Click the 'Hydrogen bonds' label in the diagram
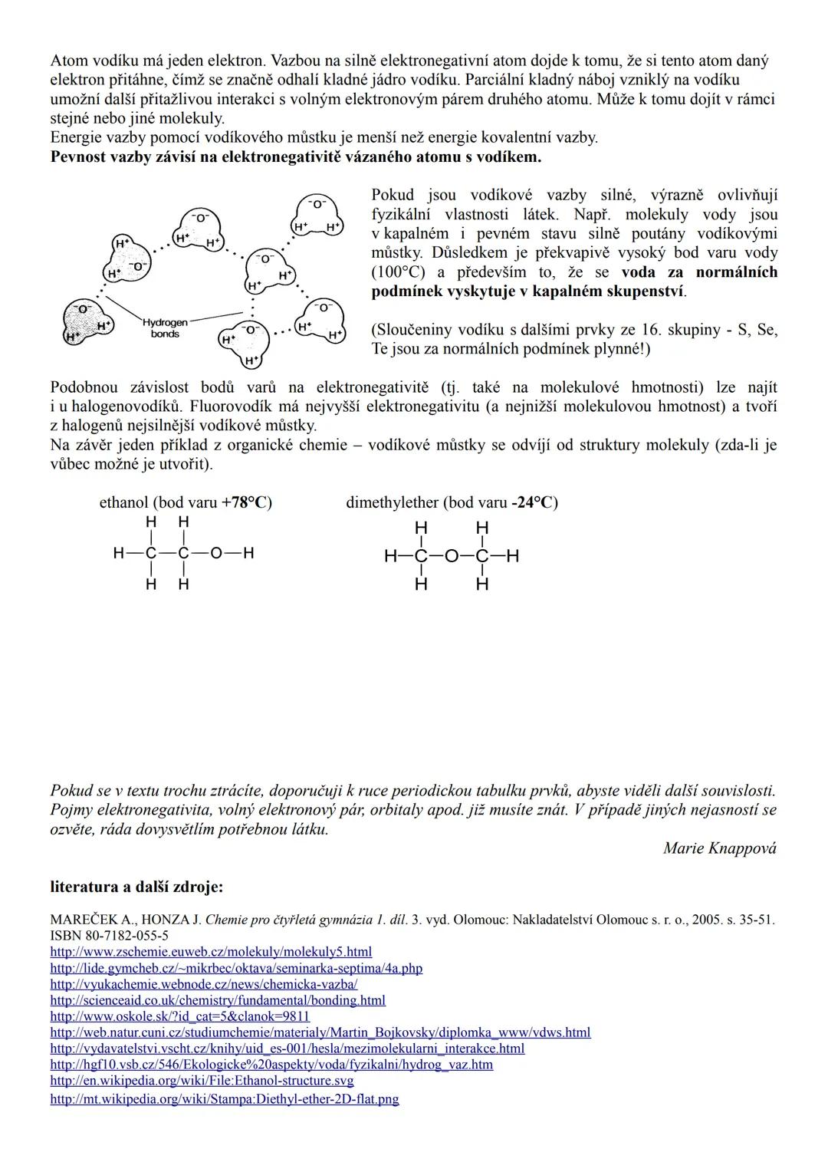pyautogui.click(x=164, y=328)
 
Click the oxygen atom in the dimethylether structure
pyautogui.click(x=451, y=556)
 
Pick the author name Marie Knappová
pyautogui.click(x=719, y=848)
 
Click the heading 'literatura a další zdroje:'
pyautogui.click(x=136, y=887)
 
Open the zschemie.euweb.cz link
pyautogui.click(x=211, y=952)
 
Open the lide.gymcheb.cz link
pyautogui.click(x=236, y=968)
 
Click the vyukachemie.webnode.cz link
pyautogui.click(x=204, y=984)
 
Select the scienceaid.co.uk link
pyautogui.click(x=218, y=1000)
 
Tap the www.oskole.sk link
pyautogui.click(x=179, y=1016)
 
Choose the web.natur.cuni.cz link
pyautogui.click(x=320, y=1032)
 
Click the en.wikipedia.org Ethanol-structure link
pyautogui.click(x=202, y=1081)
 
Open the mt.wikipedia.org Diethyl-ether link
pyautogui.click(x=225, y=1099)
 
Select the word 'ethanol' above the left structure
pyautogui.click(x=123, y=502)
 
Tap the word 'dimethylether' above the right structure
pyautogui.click(x=393, y=502)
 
